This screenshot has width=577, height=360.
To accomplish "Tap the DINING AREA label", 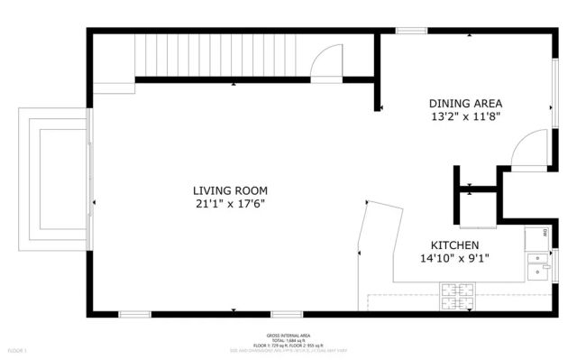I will tap(465, 103).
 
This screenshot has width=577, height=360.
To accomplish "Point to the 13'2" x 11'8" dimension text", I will tap(465, 116).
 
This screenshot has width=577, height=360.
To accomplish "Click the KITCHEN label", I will tap(454, 245).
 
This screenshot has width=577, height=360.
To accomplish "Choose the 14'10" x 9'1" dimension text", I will tap(454, 259).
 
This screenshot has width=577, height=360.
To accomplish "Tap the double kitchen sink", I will tap(538, 263).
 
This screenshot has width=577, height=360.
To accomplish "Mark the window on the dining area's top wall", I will tap(411, 31).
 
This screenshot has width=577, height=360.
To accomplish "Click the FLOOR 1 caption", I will tap(18, 349).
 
